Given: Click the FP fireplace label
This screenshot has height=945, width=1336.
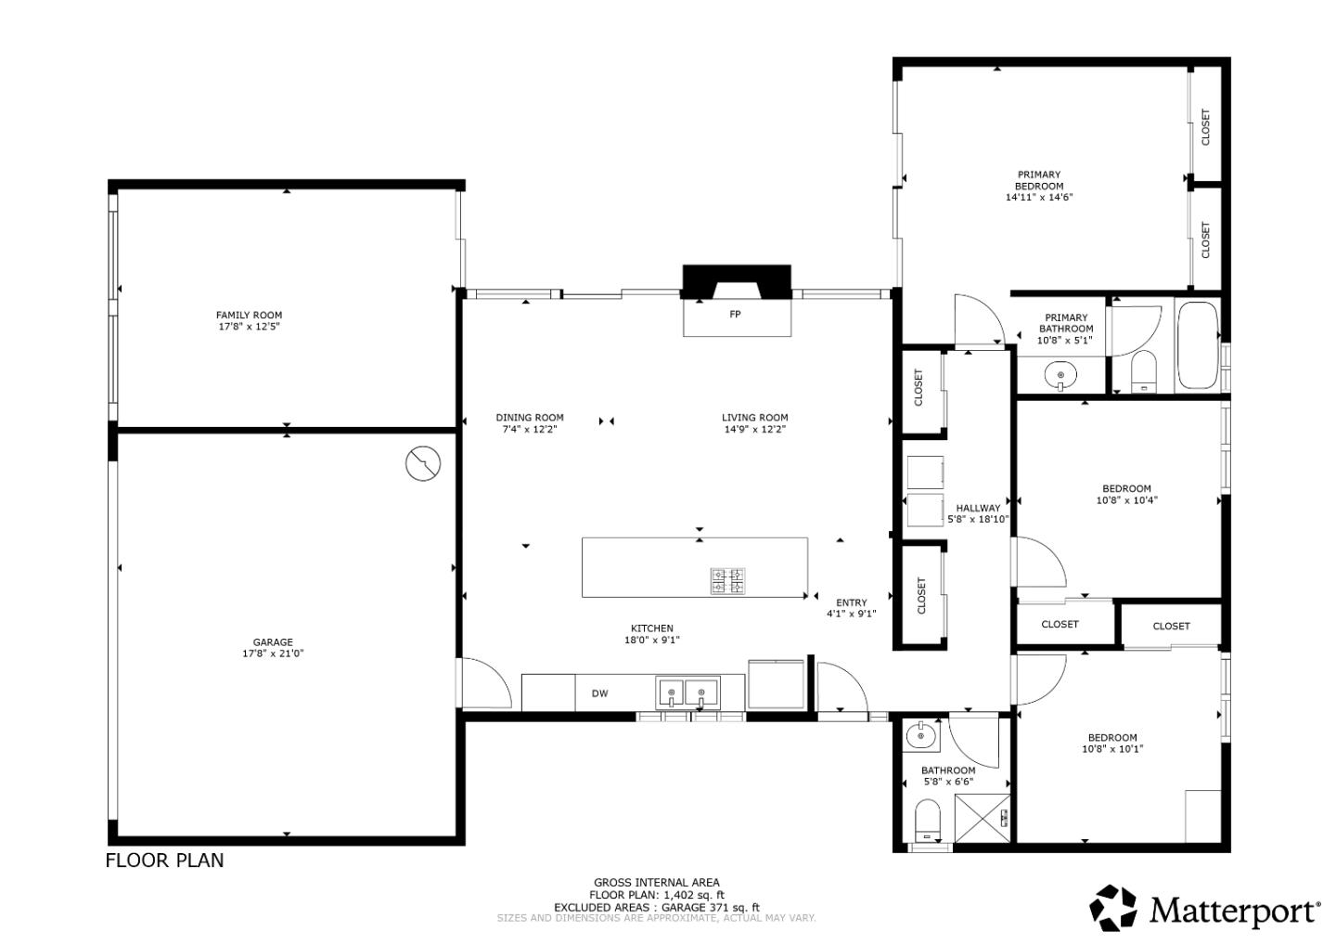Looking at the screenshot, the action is tap(735, 315).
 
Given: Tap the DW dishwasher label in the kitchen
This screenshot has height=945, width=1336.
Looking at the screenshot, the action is tap(599, 693).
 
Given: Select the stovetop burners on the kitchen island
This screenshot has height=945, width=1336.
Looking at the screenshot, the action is tap(727, 581).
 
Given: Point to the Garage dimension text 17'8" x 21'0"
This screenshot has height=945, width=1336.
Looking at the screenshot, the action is tap(273, 654).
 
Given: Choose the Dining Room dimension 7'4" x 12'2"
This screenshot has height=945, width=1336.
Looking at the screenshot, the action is tap(530, 429).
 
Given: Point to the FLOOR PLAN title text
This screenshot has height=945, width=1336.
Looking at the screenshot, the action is tap(164, 861).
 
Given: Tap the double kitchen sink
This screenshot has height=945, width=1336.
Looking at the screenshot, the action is tap(687, 693).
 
